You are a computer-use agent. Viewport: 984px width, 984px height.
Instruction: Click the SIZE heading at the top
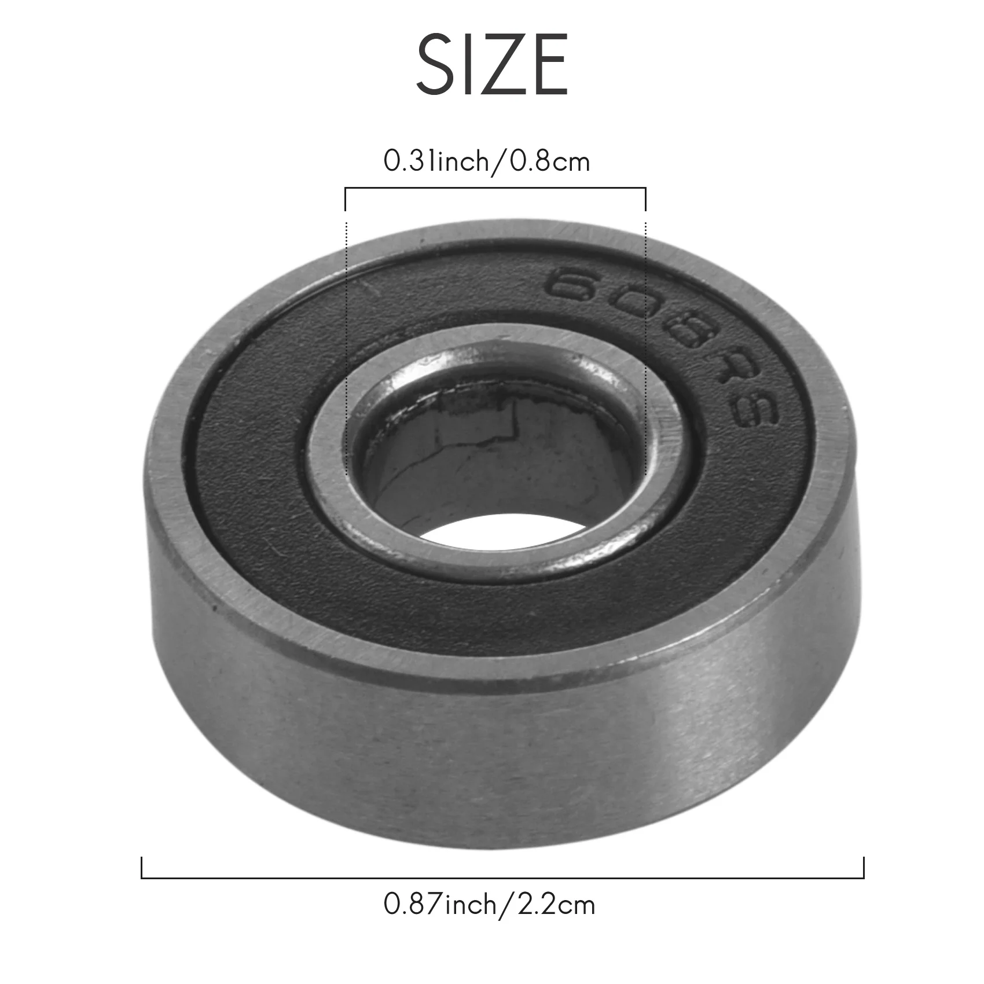tap(492, 65)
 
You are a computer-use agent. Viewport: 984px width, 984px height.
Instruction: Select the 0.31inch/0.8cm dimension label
tap(487, 161)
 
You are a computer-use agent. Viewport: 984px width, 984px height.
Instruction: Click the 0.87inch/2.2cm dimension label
tap(489, 904)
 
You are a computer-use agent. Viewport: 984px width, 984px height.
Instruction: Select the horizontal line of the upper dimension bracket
tap(495, 188)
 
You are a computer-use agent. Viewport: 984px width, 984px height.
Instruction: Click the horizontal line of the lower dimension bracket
tap(502, 878)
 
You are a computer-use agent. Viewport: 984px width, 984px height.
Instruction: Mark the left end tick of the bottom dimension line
tap(142, 868)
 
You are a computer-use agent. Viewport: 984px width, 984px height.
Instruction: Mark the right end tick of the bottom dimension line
tap(864, 868)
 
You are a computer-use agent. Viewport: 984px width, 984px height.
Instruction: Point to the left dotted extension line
tap(346, 347)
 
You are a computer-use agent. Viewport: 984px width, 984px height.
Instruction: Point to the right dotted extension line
tap(645, 347)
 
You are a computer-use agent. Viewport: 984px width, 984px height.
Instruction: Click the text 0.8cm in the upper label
tap(549, 161)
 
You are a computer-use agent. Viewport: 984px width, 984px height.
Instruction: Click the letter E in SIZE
tap(549, 65)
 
